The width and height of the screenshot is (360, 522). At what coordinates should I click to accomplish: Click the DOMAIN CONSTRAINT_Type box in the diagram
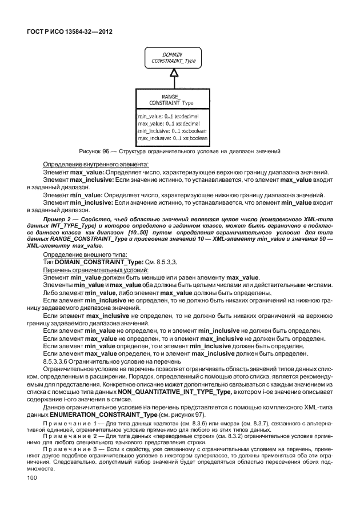click(173, 57)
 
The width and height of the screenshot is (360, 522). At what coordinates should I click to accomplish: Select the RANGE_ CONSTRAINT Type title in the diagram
click(171, 99)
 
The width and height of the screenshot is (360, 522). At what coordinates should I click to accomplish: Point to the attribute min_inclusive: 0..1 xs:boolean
click(172, 131)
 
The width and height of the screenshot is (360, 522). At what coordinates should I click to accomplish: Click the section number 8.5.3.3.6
click(59, 361)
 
